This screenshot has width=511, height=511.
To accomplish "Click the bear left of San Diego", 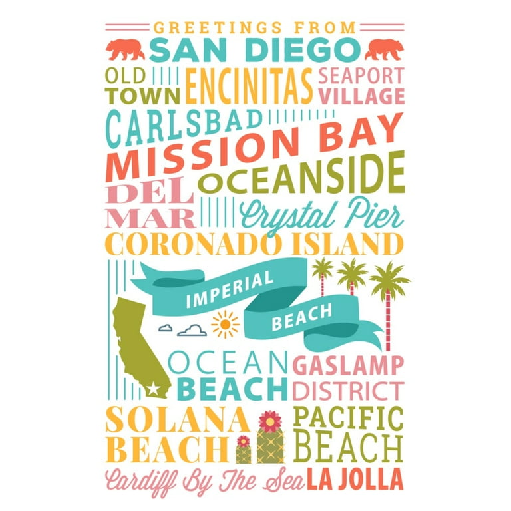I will [126, 49].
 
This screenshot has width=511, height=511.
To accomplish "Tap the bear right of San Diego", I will [383, 49].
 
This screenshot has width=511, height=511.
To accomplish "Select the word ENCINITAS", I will [249, 86].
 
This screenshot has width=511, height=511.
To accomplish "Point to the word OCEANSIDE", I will [301, 174].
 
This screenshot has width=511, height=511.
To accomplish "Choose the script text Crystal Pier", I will [321, 215].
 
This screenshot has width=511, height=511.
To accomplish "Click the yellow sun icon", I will [225, 323].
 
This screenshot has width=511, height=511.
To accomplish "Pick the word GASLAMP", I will [348, 365].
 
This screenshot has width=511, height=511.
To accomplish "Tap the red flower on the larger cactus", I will [269, 421].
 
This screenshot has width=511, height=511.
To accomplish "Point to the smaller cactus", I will [244, 451].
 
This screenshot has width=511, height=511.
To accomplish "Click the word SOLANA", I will [177, 420].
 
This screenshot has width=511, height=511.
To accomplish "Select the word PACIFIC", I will [348, 419].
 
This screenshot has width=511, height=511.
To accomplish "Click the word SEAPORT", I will [361, 75].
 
